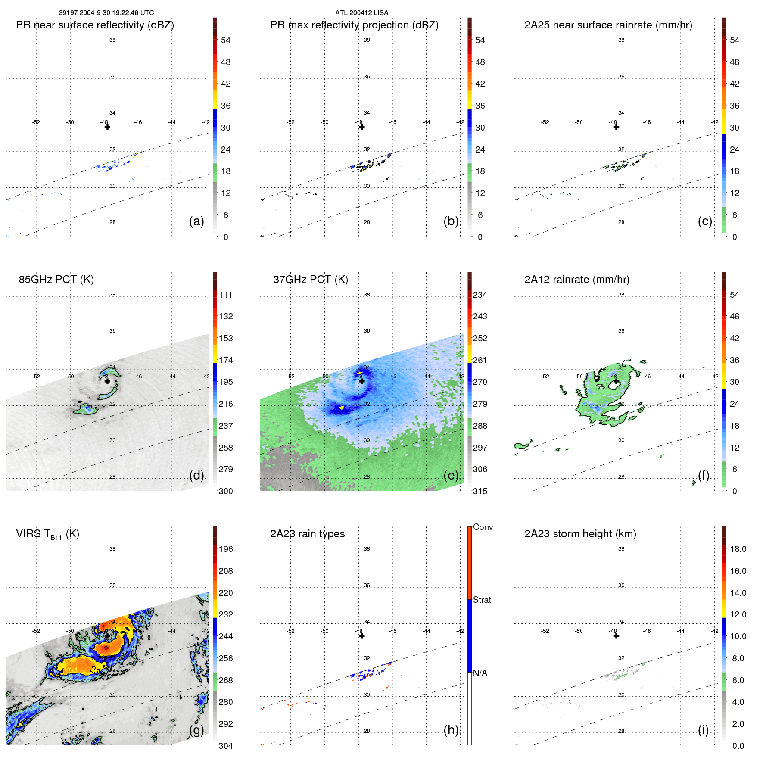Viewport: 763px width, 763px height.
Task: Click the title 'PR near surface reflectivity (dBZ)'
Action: (95, 25)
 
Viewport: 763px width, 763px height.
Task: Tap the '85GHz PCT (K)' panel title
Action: (56, 280)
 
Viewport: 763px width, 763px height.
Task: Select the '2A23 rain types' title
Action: (307, 534)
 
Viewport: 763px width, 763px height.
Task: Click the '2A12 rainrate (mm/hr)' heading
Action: (576, 280)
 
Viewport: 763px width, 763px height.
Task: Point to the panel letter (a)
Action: (196, 221)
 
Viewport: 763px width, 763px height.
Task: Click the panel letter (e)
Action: (451, 476)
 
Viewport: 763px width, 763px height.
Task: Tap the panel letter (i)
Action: (703, 730)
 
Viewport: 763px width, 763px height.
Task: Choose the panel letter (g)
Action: (196, 730)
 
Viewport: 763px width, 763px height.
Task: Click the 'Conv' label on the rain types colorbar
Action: (483, 527)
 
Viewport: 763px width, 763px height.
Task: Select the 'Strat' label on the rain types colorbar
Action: (482, 600)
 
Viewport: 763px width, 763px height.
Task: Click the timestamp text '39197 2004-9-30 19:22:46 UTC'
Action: (106, 13)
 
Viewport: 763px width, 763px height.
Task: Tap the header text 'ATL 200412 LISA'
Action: (361, 13)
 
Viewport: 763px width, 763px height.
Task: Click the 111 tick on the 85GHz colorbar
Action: (225, 295)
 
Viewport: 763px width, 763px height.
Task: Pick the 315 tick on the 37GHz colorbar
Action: (480, 491)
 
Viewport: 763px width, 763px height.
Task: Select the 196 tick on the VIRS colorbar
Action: (225, 549)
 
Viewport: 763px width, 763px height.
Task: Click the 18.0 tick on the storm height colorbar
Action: (738, 549)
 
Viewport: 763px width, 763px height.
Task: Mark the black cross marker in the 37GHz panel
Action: (362, 381)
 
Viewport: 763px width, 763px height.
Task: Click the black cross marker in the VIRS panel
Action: (107, 636)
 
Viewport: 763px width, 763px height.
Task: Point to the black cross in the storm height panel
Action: (616, 636)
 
